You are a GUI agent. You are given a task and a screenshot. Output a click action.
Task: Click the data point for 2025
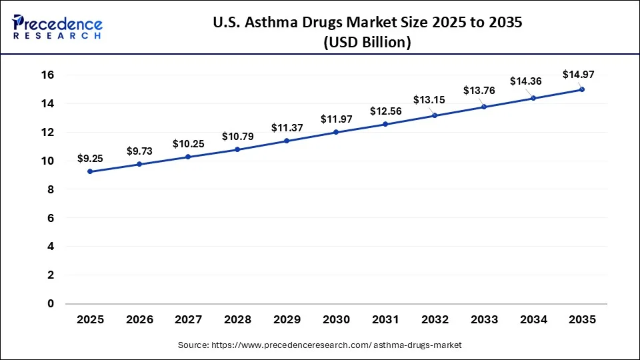click(90, 171)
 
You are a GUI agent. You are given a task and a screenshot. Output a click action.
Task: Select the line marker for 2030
click(336, 132)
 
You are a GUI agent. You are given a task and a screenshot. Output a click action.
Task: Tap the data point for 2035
click(582, 89)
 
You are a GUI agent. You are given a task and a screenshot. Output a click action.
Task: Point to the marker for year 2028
click(237, 149)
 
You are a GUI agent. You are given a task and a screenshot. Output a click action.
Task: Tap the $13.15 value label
click(429, 100)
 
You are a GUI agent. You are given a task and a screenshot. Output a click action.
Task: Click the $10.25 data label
click(188, 143)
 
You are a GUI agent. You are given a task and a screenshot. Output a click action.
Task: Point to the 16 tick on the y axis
click(47, 75)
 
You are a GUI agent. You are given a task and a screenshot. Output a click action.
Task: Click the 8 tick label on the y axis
click(49, 189)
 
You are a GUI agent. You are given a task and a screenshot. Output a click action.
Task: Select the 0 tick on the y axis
click(49, 303)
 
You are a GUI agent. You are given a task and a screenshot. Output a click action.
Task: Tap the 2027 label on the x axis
click(188, 319)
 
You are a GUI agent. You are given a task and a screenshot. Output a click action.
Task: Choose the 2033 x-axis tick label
click(483, 319)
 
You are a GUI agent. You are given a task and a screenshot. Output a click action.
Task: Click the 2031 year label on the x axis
click(385, 319)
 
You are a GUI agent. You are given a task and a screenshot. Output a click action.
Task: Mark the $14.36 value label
click(525, 81)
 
